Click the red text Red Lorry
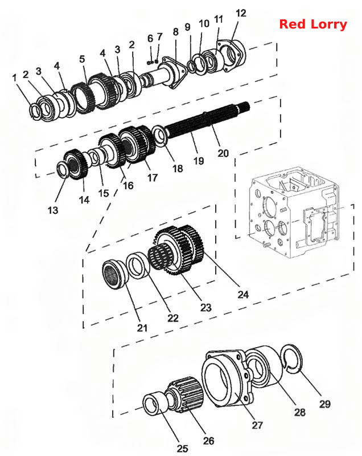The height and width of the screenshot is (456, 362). click(x=313, y=25)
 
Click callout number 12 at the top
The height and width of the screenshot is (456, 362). click(x=241, y=13)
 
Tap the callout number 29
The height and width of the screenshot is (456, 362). click(x=325, y=404)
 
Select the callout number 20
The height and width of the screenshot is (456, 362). click(x=223, y=153)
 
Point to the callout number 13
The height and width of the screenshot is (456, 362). click(x=53, y=210)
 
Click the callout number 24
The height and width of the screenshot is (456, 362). click(x=243, y=295)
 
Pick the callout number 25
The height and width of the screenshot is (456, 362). click(x=182, y=448)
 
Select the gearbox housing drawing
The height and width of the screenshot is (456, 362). click(x=293, y=212)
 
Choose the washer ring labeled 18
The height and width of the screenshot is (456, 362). click(x=159, y=135)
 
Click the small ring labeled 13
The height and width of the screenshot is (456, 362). click(x=62, y=169)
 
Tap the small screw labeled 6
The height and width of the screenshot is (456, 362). click(x=150, y=62)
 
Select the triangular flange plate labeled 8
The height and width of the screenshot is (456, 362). click(x=175, y=72)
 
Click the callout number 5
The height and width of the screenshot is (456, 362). click(x=82, y=59)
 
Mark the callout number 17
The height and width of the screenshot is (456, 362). click(x=153, y=177)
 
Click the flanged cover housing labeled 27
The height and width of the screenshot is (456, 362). click(x=224, y=380)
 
